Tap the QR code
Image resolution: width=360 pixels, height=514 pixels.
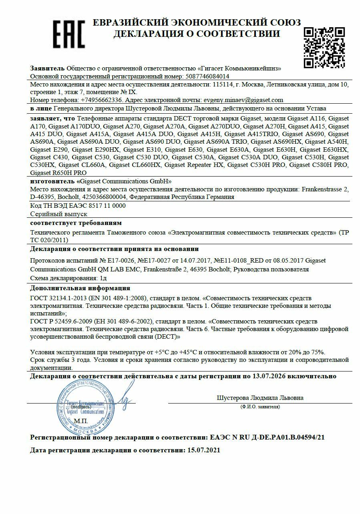(x=324, y=47)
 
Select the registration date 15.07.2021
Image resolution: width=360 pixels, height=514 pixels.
(x=204, y=450)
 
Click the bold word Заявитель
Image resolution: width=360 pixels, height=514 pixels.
(x=47, y=68)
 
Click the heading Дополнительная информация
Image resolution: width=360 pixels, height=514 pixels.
(x=80, y=288)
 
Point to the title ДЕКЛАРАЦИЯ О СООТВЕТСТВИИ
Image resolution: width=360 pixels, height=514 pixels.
(x=197, y=34)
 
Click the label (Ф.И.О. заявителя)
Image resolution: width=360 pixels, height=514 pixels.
(x=260, y=407)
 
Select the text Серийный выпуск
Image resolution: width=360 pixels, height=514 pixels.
(x=58, y=214)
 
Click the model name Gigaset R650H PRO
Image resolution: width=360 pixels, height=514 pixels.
(x=58, y=173)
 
